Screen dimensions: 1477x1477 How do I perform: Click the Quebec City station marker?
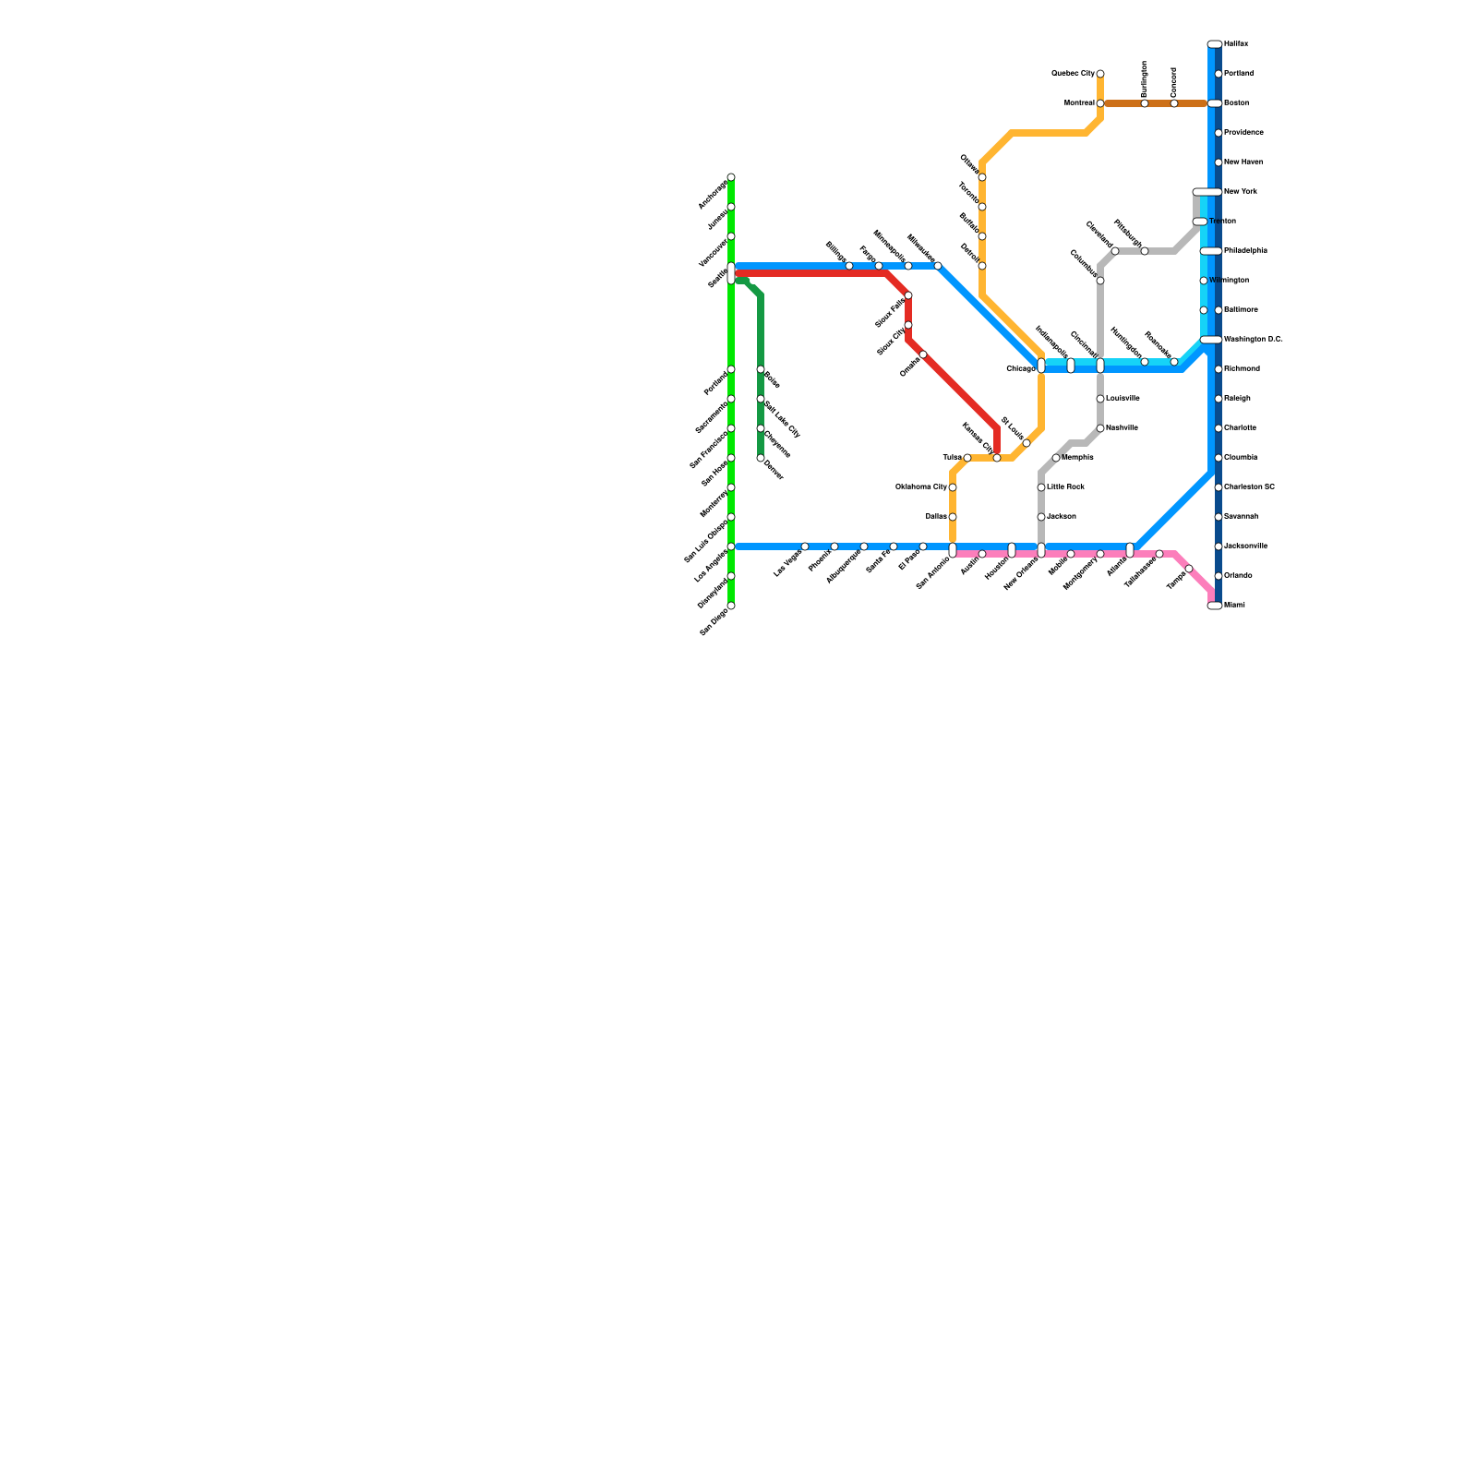point(1100,74)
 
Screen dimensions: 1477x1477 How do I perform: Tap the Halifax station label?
point(1236,44)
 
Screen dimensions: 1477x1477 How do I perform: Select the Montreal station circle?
point(1100,103)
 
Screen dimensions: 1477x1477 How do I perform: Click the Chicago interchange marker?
point(1041,366)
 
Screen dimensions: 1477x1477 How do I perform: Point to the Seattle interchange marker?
point(731,273)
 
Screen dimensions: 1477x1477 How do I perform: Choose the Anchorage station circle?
point(731,177)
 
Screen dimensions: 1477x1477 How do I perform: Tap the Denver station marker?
point(761,458)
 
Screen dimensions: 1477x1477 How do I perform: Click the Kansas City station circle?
point(997,458)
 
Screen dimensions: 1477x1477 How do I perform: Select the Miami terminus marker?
point(1215,606)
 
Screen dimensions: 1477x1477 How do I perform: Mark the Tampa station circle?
point(1189,569)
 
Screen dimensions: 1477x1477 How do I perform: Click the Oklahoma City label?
point(921,487)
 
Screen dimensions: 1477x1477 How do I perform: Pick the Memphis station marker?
point(1056,458)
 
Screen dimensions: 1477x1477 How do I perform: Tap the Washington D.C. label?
point(1253,340)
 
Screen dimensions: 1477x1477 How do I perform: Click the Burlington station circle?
point(1145,103)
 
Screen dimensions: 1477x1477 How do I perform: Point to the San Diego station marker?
point(731,606)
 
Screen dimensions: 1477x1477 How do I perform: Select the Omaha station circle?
point(923,354)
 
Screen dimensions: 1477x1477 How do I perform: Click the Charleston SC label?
point(1249,487)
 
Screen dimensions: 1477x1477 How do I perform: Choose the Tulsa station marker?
point(967,458)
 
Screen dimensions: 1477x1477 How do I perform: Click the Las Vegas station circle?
point(805,546)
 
